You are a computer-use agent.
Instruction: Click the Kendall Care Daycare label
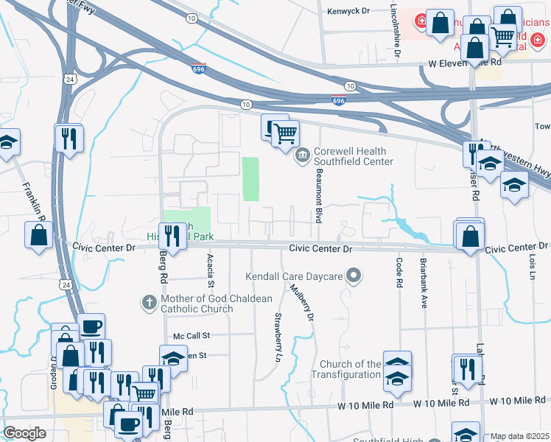[295, 276]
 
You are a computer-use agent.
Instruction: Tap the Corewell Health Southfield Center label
[354, 156]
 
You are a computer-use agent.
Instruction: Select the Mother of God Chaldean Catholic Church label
[208, 304]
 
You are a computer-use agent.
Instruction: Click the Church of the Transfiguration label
[351, 369]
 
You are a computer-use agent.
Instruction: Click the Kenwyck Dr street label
[351, 11]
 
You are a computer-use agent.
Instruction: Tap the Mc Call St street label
[192, 335]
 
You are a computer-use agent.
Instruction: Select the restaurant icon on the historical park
[172, 236]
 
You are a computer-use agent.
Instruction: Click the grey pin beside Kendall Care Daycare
[354, 276]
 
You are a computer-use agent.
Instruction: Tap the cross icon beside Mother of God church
[149, 302]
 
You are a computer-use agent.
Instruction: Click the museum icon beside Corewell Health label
[303, 155]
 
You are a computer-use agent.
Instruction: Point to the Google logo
[24, 433]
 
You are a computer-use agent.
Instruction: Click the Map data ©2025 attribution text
[520, 436]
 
